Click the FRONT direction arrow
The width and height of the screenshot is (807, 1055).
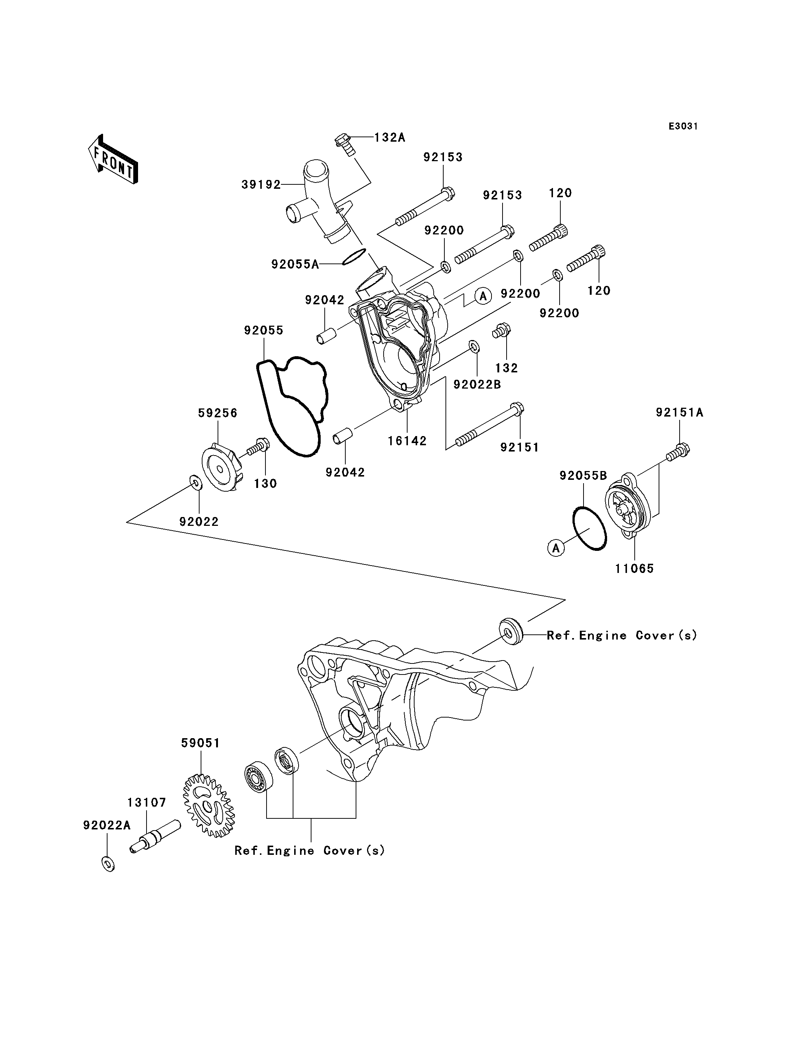pyautogui.click(x=113, y=160)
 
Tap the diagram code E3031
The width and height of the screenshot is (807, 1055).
pyautogui.click(x=683, y=126)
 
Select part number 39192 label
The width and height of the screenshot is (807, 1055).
pyautogui.click(x=261, y=184)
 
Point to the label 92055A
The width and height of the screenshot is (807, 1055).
pyautogui.click(x=295, y=264)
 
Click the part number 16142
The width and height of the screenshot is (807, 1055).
pyautogui.click(x=407, y=441)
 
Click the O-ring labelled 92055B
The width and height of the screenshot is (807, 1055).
pyautogui.click(x=589, y=528)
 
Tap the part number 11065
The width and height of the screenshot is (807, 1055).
pyautogui.click(x=635, y=569)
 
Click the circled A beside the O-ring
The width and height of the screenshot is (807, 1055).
pyautogui.click(x=556, y=548)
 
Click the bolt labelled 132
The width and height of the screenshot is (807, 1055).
pyautogui.click(x=501, y=331)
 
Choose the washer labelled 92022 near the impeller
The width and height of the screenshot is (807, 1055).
pyautogui.click(x=196, y=482)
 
